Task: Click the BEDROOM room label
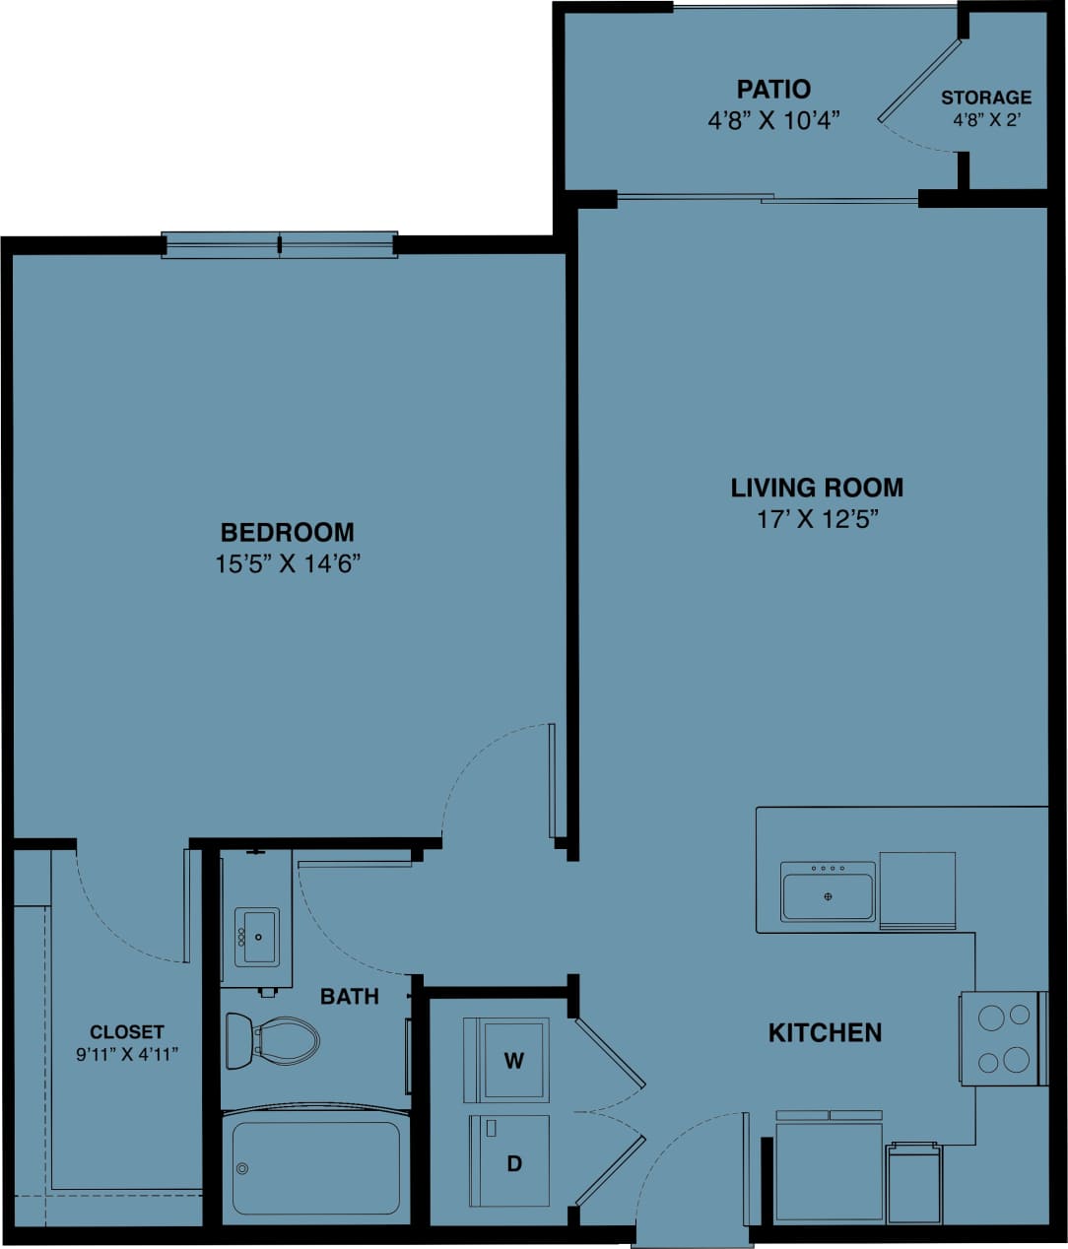[x=287, y=533]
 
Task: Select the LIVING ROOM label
[x=817, y=488]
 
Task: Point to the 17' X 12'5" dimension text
[x=817, y=519]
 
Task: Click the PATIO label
[x=773, y=90]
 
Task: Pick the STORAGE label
[x=986, y=98]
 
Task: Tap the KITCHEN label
[x=825, y=1032]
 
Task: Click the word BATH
[x=350, y=997]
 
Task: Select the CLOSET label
[x=126, y=1032]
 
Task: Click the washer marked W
[x=506, y=1060]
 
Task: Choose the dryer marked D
[x=508, y=1160]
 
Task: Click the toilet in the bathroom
[x=273, y=1041]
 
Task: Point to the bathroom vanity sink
[x=255, y=938]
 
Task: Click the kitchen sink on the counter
[x=828, y=892]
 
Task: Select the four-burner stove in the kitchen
[x=1002, y=1038]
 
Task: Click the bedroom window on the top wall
[x=280, y=244]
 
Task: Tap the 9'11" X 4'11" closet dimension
[x=126, y=1053]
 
